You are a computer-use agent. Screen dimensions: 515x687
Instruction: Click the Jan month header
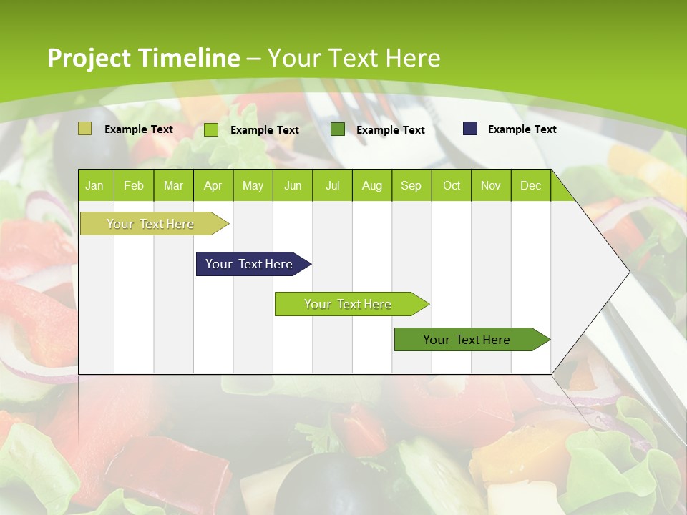pyautogui.click(x=94, y=185)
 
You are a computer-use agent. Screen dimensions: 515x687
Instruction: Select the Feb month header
pyautogui.click(x=134, y=185)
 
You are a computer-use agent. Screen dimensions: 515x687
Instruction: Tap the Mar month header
pyautogui.click(x=173, y=185)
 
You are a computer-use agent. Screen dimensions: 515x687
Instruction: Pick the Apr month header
pyautogui.click(x=213, y=185)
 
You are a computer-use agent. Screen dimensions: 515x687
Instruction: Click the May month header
pyautogui.click(x=253, y=185)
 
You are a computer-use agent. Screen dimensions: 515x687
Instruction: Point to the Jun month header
pyautogui.click(x=293, y=185)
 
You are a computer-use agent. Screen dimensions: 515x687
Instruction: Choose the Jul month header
pyautogui.click(x=332, y=185)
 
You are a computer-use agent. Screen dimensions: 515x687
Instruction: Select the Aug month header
pyautogui.click(x=372, y=185)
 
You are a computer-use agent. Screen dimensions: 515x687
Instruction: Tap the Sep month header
pyautogui.click(x=411, y=185)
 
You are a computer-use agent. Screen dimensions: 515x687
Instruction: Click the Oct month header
pyautogui.click(x=452, y=185)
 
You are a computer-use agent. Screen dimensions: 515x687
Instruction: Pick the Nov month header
pyautogui.click(x=491, y=185)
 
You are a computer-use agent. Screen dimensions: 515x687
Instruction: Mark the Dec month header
pyautogui.click(x=530, y=185)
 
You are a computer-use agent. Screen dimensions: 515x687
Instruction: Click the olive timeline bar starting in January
pyautogui.click(x=150, y=224)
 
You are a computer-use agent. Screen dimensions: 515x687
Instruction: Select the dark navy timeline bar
pyautogui.click(x=249, y=264)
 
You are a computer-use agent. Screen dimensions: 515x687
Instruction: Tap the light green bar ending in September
pyautogui.click(x=348, y=304)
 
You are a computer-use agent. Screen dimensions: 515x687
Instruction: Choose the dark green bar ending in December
pyautogui.click(x=467, y=340)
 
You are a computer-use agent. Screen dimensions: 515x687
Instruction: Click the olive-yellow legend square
pyautogui.click(x=84, y=129)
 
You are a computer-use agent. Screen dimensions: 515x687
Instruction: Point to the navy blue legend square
pyautogui.click(x=469, y=129)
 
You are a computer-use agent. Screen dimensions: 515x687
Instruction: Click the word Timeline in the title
pyautogui.click(x=189, y=58)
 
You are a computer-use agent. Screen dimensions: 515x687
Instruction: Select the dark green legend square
pyautogui.click(x=338, y=129)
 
